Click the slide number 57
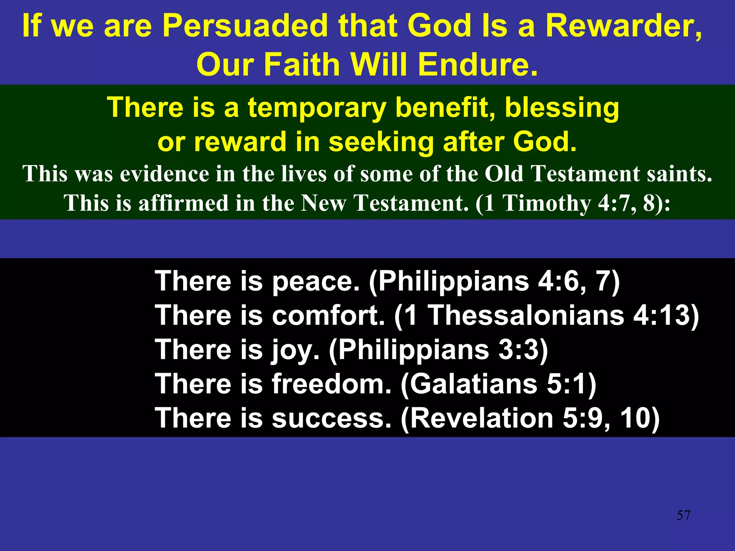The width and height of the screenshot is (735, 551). coord(683,515)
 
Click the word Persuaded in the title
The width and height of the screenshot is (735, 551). coord(245,26)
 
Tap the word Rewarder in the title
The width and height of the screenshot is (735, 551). coord(623,26)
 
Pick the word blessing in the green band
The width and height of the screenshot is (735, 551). coord(562,108)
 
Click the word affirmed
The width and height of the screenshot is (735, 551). coord(183,203)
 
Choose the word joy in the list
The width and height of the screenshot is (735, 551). coord(295,350)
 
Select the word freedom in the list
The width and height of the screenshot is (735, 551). coord(331,384)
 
